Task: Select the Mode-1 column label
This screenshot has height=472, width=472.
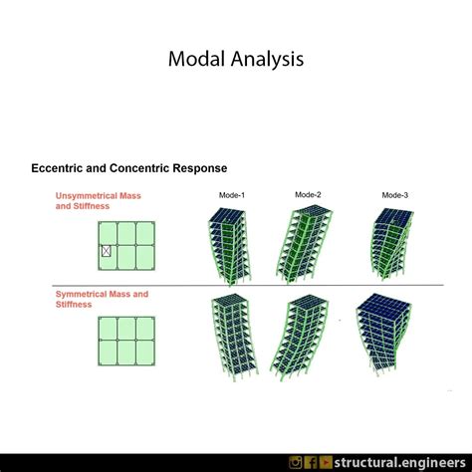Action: coord(234,195)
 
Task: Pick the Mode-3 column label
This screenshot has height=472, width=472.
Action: coord(395,195)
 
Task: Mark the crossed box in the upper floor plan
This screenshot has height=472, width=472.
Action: coord(107,252)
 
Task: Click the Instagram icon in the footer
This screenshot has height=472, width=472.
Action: coord(296,462)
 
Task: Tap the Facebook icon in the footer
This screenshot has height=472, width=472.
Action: coord(311,462)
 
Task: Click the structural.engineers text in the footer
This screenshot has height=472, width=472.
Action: coord(401,462)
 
